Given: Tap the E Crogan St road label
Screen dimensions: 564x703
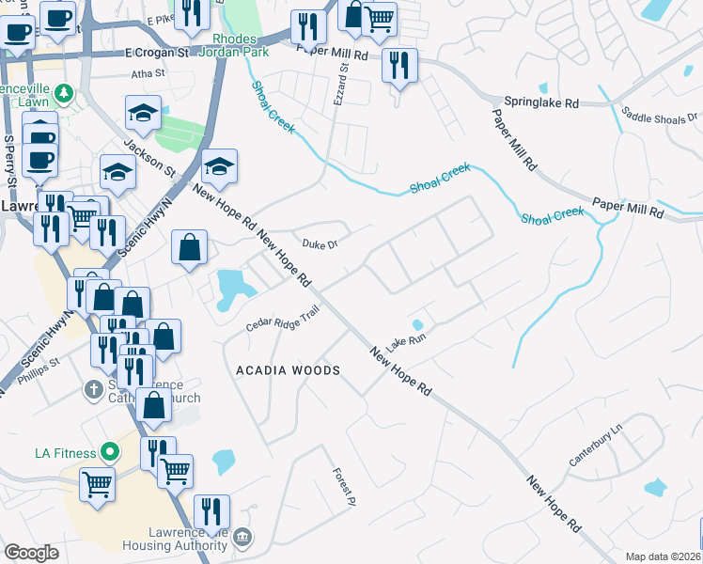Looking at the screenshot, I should (157, 54).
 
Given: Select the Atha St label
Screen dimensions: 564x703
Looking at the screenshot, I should (148, 72).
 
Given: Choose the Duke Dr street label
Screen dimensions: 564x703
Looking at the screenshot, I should (320, 244).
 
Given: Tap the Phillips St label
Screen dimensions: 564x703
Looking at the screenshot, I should (40, 364).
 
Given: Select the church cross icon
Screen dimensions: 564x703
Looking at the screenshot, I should (93, 388).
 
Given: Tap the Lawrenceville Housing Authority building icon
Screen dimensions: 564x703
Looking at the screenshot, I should (242, 537).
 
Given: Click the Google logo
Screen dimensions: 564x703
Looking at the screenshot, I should (31, 553).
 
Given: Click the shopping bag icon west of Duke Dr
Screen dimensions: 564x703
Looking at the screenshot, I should (189, 248).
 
